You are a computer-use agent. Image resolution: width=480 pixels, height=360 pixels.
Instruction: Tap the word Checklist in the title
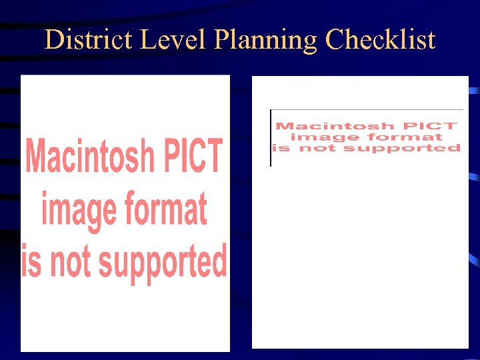[x=380, y=40]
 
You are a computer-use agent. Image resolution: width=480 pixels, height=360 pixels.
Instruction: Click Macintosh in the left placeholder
[x=88, y=157]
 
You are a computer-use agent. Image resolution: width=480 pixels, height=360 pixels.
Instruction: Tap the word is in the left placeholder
[x=31, y=261]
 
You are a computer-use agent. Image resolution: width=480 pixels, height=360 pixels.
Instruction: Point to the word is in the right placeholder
[x=283, y=148]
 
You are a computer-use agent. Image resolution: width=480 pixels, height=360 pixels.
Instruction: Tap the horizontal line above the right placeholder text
[x=367, y=110]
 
